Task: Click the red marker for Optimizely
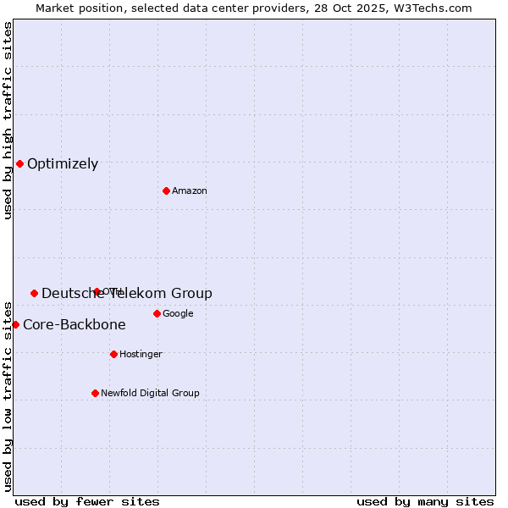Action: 19,163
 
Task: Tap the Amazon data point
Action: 166,190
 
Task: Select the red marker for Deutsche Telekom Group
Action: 34,293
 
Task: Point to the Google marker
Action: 157,313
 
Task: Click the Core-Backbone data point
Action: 15,324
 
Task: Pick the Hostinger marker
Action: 113,354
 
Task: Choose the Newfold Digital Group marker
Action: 95,393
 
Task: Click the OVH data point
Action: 97,291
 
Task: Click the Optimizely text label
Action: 63,164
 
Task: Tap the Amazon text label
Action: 190,191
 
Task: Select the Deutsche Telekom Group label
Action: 127,294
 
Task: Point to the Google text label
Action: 178,314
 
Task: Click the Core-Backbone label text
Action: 75,325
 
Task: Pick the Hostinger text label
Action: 141,355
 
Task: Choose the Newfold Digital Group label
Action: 150,394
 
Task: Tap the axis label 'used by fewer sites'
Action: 87,501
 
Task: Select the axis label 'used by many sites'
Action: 425,501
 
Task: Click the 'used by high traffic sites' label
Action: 8,120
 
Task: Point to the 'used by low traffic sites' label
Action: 8,396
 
